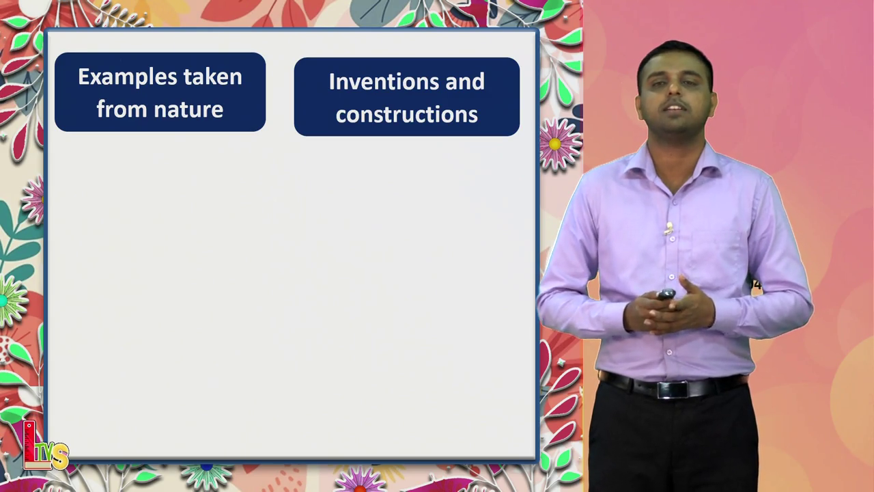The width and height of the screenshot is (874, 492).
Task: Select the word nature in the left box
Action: (x=188, y=109)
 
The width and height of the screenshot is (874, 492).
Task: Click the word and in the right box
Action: (x=465, y=82)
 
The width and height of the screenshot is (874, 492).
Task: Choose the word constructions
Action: (x=406, y=114)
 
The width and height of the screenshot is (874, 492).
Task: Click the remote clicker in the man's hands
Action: (x=666, y=294)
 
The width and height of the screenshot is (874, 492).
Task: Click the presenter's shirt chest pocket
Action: (x=716, y=252)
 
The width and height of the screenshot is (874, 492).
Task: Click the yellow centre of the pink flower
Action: (x=554, y=144)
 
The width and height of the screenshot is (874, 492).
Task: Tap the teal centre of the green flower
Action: (x=3, y=301)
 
